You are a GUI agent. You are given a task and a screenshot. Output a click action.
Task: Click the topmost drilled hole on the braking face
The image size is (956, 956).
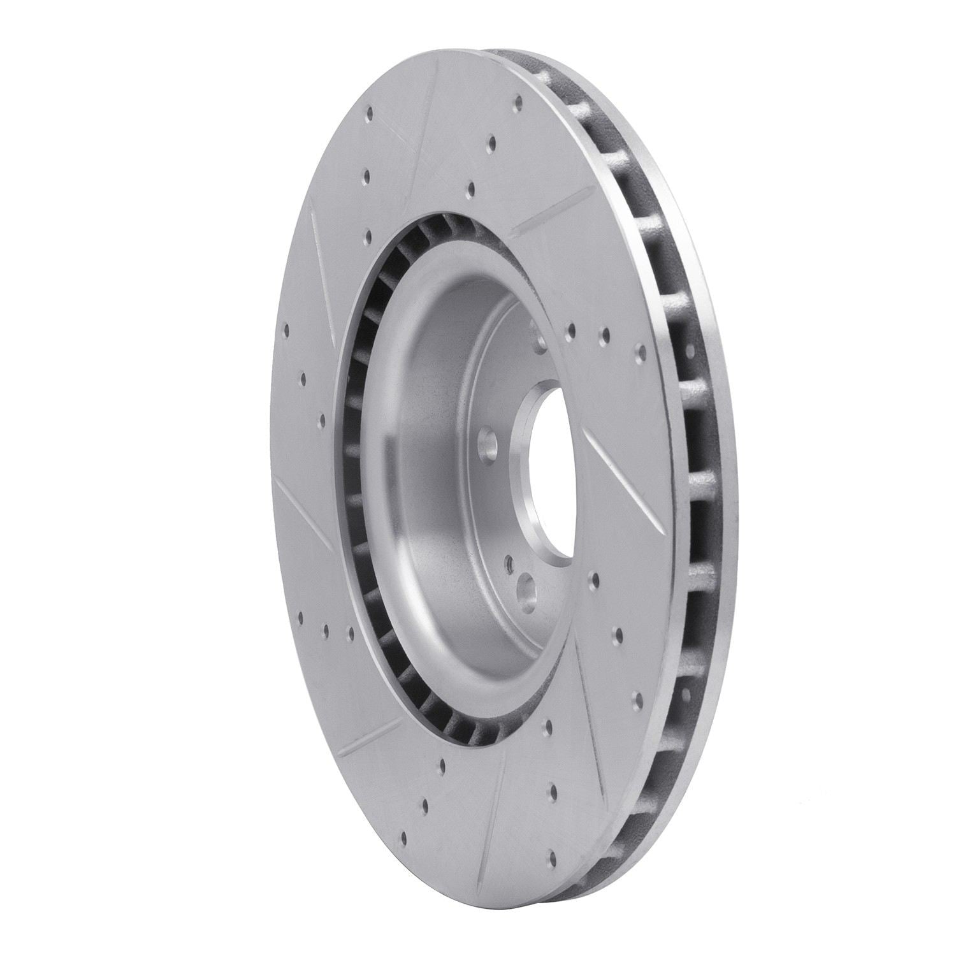[x=518, y=101]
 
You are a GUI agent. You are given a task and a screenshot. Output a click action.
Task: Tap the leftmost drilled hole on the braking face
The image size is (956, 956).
[x=284, y=331]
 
